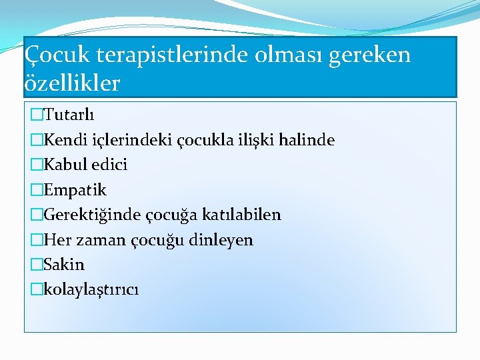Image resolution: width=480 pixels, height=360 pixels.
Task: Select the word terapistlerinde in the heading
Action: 168,55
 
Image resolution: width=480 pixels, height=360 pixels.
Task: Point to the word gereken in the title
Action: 377,55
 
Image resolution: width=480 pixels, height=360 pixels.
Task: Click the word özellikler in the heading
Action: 72,83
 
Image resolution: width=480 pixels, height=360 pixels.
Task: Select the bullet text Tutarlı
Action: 69,115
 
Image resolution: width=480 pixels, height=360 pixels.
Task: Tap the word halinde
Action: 308,140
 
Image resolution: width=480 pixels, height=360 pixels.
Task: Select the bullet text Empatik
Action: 74,190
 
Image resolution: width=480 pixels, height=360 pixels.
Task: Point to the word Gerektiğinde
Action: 90,215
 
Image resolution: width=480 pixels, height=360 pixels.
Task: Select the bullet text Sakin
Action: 64,265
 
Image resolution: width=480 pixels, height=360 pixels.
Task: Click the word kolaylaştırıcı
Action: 91,289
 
